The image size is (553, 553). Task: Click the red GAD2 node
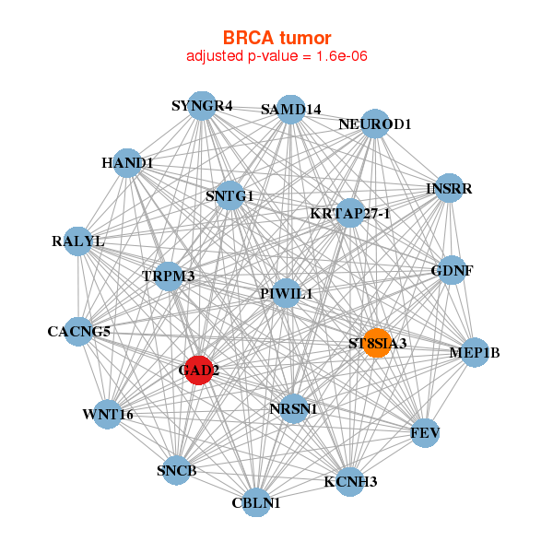click(198, 371)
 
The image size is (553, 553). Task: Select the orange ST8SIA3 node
click(376, 343)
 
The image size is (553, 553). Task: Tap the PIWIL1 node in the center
click(287, 293)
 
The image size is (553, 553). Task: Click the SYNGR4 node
click(202, 105)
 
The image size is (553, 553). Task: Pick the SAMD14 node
click(290, 109)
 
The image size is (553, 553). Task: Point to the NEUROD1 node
click(374, 124)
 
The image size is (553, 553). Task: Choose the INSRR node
click(449, 189)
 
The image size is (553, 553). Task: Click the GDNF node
click(452, 271)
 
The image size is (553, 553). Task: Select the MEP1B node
click(474, 352)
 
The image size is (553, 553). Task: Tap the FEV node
click(424, 432)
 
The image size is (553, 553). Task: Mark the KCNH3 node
click(350, 481)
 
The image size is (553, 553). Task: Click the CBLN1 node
click(256, 502)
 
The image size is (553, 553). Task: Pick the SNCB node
click(177, 471)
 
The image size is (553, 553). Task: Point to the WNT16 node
click(108, 414)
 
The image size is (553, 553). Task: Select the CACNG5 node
click(79, 331)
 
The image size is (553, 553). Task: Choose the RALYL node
click(78, 241)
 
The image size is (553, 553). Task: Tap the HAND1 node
click(127, 163)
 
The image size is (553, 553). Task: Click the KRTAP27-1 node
click(350, 214)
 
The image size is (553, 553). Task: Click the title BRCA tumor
click(276, 38)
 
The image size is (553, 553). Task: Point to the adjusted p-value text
click(276, 56)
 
